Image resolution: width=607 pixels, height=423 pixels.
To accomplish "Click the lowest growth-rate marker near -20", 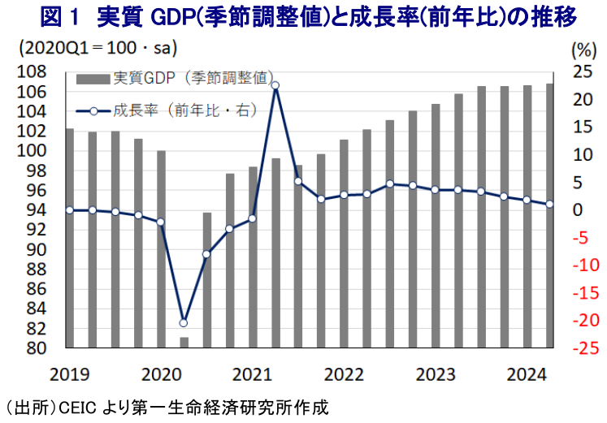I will (x=184, y=322).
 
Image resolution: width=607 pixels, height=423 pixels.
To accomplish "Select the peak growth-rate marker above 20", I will (x=275, y=85).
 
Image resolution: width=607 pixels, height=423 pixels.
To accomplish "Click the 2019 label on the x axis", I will (x=69, y=374).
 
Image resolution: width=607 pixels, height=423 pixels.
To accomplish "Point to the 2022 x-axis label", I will (x=344, y=374).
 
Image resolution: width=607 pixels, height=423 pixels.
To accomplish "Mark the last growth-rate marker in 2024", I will (x=550, y=205).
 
